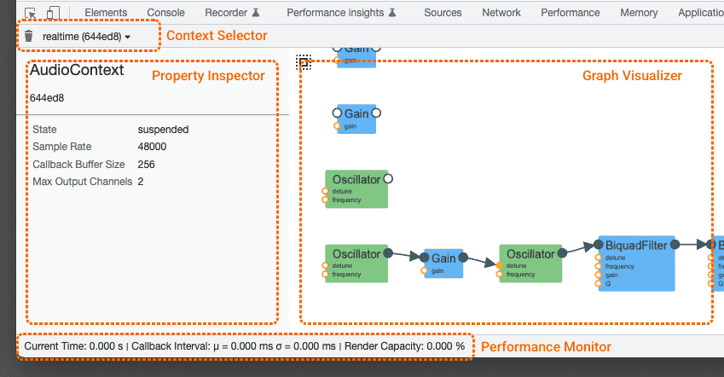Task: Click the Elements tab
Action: coord(106,13)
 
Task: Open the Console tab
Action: coord(165,13)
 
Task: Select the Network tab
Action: coord(501,13)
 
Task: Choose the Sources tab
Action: coord(443,13)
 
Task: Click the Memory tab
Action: coord(639,13)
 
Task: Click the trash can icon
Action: coord(29,37)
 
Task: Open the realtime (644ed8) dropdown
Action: coord(86,37)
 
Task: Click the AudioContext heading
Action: coord(77,71)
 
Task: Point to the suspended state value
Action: coord(163,130)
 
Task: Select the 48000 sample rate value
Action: coord(152,147)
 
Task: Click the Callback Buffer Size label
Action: coord(78,164)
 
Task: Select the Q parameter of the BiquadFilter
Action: coord(608,284)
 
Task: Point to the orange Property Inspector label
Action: coord(208,76)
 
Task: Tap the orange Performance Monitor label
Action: coord(546,346)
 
